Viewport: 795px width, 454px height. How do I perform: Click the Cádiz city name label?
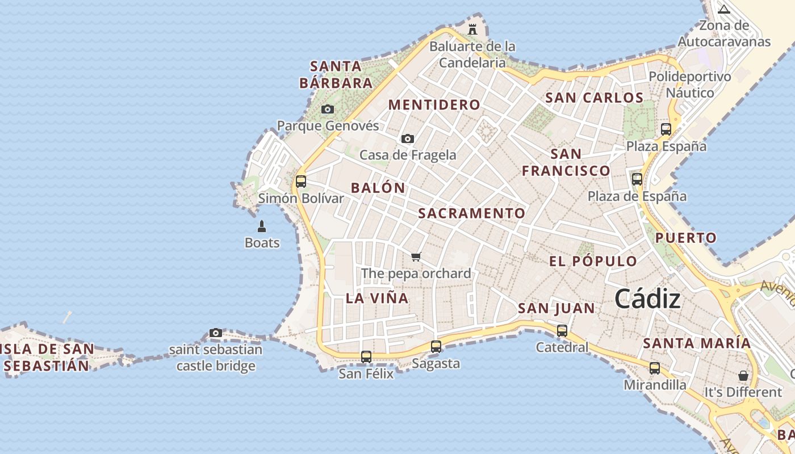(647, 299)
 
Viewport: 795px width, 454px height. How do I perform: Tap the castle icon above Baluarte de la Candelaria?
(472, 29)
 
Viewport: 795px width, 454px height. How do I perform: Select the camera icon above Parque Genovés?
(328, 109)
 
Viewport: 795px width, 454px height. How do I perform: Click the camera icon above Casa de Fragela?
(407, 138)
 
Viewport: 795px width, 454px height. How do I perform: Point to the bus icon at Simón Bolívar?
(301, 182)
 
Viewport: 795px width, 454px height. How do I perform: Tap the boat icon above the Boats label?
(262, 226)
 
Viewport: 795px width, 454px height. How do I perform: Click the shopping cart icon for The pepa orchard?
(416, 257)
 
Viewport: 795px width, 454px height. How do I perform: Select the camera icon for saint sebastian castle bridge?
(216, 333)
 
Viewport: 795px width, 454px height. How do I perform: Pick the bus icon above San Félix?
(366, 357)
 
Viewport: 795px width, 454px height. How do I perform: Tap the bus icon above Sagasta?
(436, 346)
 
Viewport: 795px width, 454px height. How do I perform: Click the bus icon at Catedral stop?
(562, 330)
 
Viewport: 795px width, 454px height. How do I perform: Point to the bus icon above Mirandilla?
(655, 368)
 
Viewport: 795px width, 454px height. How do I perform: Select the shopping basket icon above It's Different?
(743, 376)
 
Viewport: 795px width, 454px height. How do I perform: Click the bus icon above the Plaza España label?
(666, 129)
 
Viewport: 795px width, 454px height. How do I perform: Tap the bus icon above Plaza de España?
(637, 179)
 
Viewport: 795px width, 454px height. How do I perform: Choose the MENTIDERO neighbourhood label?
(434, 104)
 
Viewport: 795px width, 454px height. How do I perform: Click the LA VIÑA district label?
(377, 298)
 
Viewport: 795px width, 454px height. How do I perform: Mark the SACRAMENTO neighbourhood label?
(472, 213)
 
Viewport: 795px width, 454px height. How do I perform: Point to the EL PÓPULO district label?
(593, 261)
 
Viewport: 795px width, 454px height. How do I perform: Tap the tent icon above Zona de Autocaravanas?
(724, 9)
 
